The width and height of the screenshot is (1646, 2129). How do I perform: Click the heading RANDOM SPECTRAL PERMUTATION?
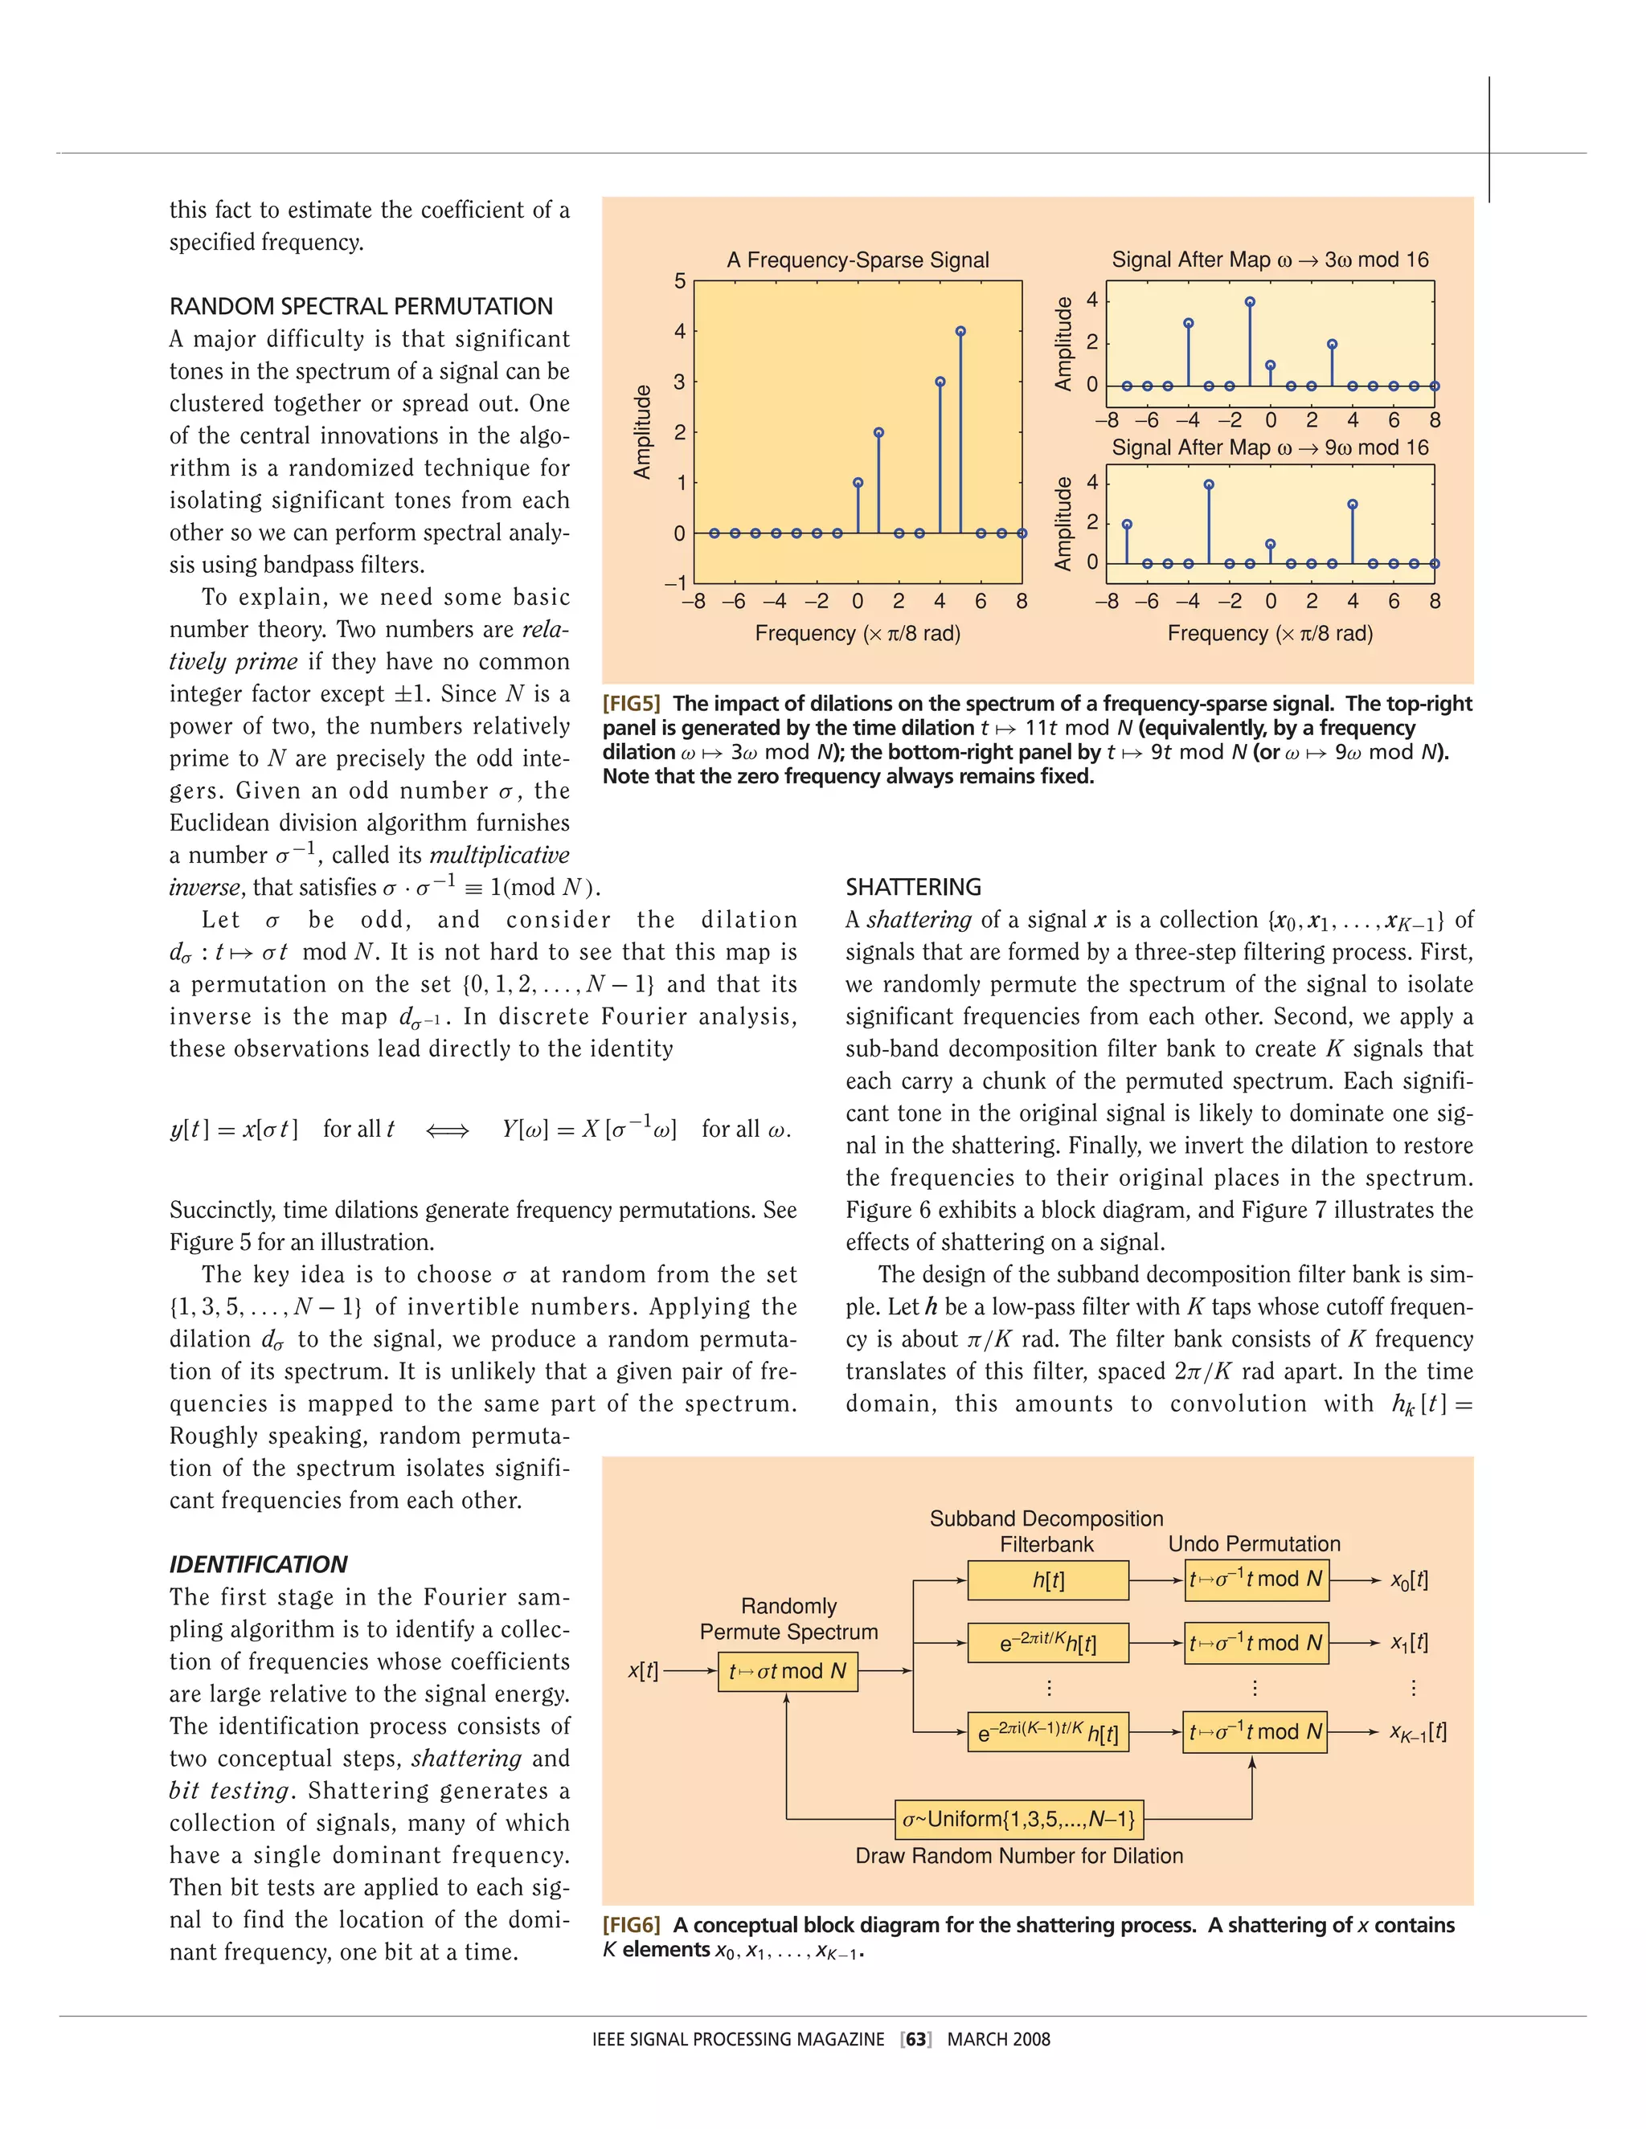[x=361, y=306]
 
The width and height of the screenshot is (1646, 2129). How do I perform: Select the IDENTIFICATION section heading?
[x=259, y=1563]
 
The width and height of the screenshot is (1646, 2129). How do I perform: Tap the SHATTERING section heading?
[x=913, y=887]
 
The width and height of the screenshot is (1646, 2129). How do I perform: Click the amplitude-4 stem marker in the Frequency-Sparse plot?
[x=960, y=332]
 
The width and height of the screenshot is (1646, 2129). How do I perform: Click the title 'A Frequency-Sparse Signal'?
[x=857, y=260]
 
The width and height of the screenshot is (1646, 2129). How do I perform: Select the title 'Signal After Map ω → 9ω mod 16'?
[x=1270, y=447]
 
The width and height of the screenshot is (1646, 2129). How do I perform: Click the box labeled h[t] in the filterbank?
[x=1048, y=1580]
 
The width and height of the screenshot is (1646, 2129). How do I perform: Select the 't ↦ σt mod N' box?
[x=788, y=1671]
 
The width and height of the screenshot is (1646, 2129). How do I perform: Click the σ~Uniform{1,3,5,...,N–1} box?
[x=1019, y=1819]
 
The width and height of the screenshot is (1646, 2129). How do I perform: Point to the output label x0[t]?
[x=1409, y=1580]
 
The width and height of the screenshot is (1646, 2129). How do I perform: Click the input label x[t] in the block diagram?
[x=644, y=1671]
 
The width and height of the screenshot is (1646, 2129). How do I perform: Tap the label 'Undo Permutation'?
[x=1254, y=1544]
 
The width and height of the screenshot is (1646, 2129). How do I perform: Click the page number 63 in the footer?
[x=916, y=2039]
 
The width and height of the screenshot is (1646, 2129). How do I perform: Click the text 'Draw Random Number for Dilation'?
[x=1019, y=1856]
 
